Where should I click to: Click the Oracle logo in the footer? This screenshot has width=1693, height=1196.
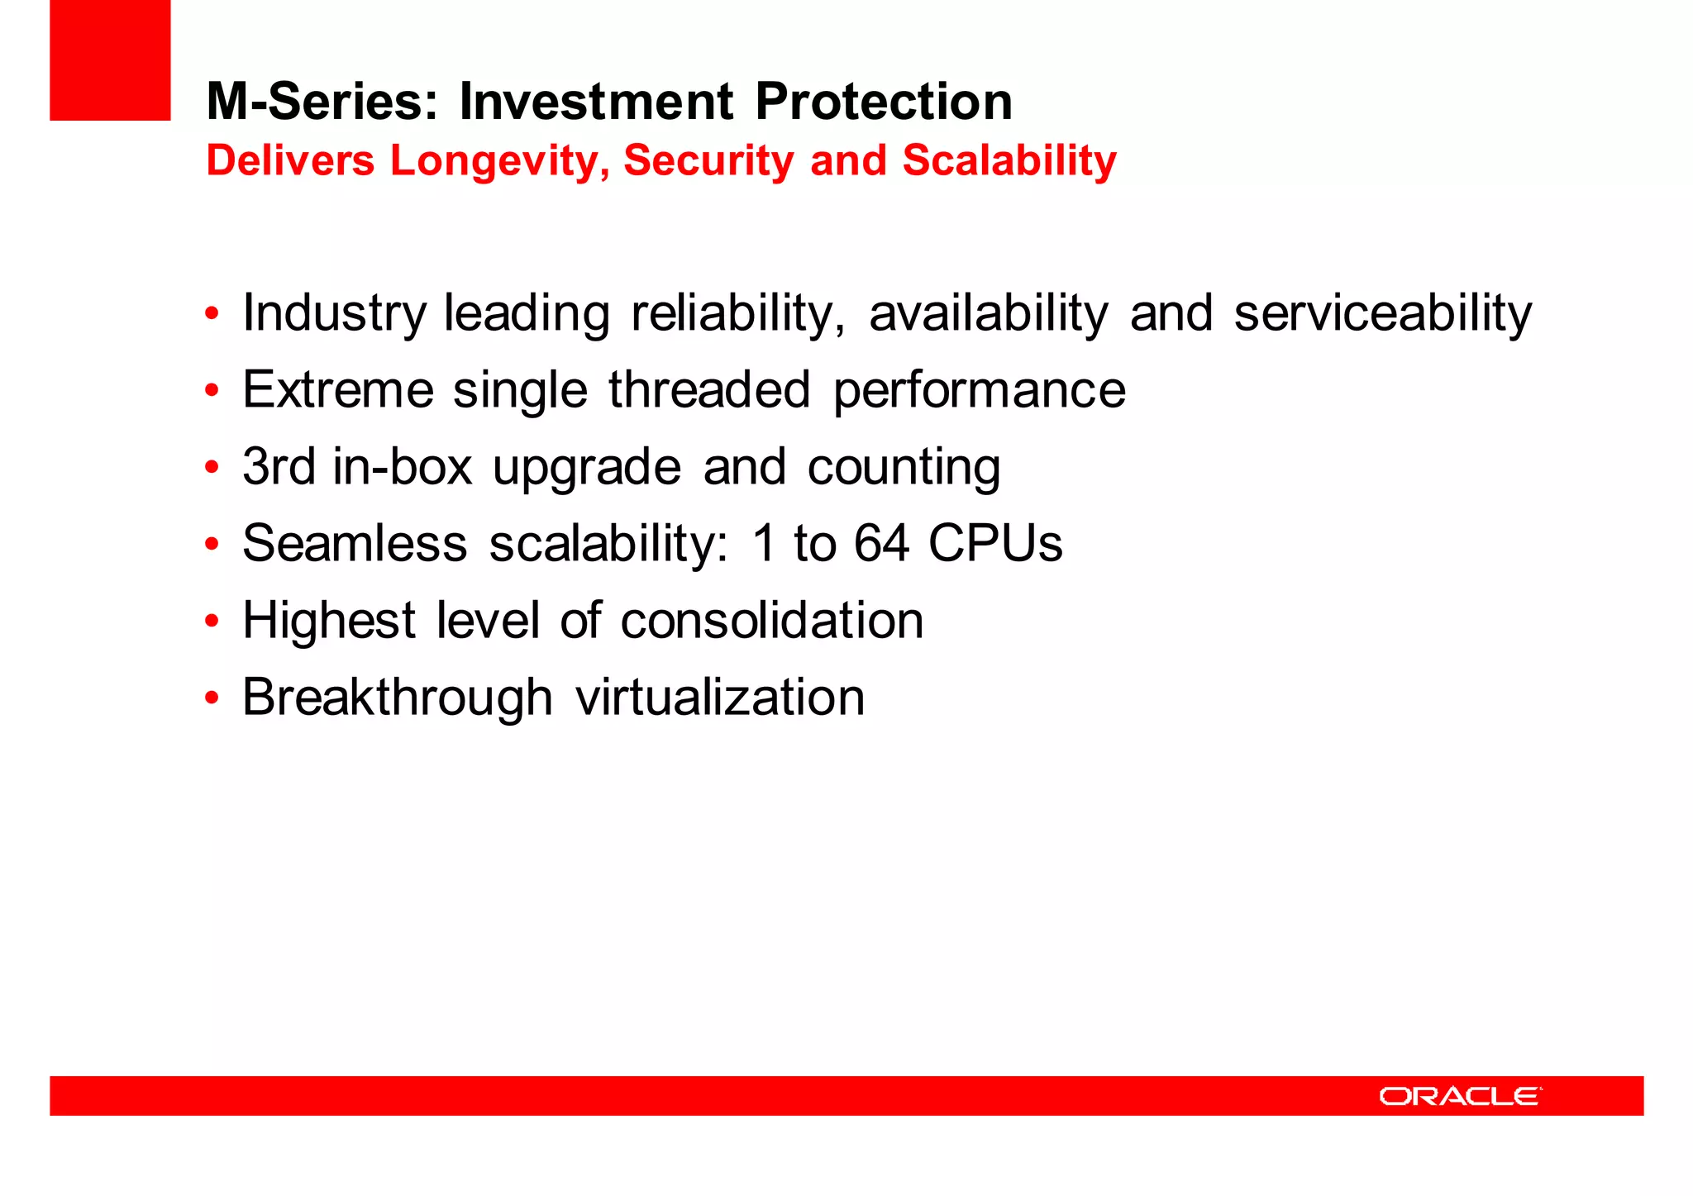(x=1460, y=1096)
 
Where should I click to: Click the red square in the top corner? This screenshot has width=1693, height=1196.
(x=110, y=60)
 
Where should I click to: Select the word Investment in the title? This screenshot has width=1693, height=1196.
(x=595, y=102)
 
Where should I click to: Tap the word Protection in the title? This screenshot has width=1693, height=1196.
(x=883, y=102)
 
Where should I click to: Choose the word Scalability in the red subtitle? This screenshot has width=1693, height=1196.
(x=1009, y=160)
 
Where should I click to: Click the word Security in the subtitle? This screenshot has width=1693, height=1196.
(x=708, y=160)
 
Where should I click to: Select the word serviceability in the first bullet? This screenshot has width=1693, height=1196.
(x=1382, y=314)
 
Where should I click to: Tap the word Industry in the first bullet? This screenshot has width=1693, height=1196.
(x=334, y=314)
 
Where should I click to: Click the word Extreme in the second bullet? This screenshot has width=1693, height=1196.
(x=337, y=389)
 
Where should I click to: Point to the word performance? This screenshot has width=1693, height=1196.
(x=979, y=391)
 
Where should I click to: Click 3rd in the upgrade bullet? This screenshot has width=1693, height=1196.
(x=279, y=466)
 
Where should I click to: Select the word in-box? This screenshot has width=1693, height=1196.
(x=402, y=466)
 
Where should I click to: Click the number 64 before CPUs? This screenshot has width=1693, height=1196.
(x=881, y=543)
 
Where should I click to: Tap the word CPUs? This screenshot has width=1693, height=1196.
(x=994, y=543)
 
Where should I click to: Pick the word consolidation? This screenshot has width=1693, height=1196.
(x=771, y=620)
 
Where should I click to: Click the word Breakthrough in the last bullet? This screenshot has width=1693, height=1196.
(x=397, y=697)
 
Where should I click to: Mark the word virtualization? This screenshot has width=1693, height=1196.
(x=719, y=697)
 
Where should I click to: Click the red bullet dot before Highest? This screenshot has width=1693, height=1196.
(x=212, y=621)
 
